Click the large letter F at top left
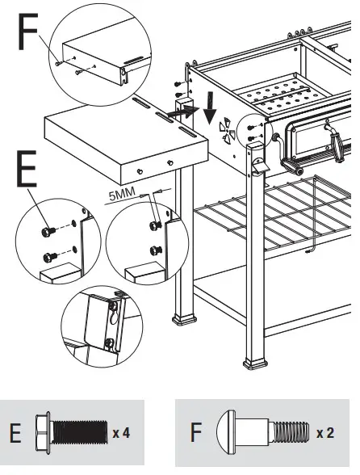pos(28,32)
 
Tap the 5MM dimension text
pos(122,195)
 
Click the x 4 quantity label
pos(121,433)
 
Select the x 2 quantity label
pos(325,433)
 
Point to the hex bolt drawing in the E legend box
pos(72,433)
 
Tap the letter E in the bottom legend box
pos(15,433)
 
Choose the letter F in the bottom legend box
pos(196,432)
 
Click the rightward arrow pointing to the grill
pos(182,112)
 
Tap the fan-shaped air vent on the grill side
pos(227,131)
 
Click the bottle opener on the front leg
pos(258,166)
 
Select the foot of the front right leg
pos(255,364)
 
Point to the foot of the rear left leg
pos(184,320)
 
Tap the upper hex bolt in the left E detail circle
pos(48,232)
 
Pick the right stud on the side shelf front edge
pos(170,163)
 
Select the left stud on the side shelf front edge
pos(140,172)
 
